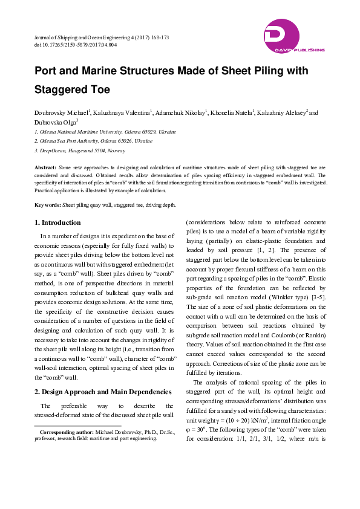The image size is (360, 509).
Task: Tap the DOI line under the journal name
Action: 76,45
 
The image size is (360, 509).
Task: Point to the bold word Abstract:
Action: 45,166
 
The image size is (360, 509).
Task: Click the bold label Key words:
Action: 48,205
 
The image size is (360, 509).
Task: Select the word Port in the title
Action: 47,71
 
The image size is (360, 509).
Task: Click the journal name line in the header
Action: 101,37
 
